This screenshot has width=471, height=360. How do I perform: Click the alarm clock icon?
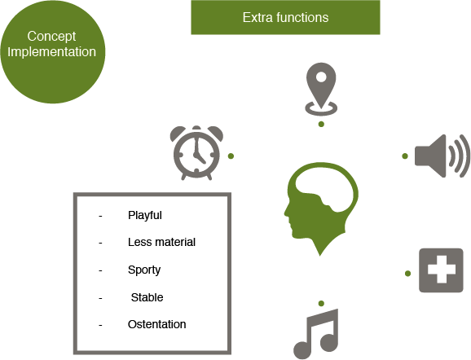[196, 153]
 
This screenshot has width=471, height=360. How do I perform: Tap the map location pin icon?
[321, 89]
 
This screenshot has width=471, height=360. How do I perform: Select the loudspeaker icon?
[442, 156]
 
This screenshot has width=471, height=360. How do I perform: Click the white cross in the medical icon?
[441, 270]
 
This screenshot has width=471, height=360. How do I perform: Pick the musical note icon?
[316, 334]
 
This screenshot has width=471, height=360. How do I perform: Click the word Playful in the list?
[145, 215]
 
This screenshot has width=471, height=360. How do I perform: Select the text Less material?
[161, 242]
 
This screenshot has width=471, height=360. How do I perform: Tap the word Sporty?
[144, 270]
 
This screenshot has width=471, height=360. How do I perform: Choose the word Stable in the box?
[147, 297]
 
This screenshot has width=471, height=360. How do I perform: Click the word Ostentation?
[156, 324]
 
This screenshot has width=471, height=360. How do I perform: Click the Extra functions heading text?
[285, 17]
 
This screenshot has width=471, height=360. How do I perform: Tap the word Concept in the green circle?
[51, 37]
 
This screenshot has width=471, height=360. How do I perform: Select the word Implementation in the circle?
[51, 52]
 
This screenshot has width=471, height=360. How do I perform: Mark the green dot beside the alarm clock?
[231, 156]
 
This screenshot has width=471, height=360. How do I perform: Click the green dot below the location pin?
[321, 124]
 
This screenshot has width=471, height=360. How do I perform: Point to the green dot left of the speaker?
[405, 156]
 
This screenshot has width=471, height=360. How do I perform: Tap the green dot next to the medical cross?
[407, 273]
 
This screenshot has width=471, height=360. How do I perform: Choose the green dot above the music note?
[321, 303]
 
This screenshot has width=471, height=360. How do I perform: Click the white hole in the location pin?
[321, 77]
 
